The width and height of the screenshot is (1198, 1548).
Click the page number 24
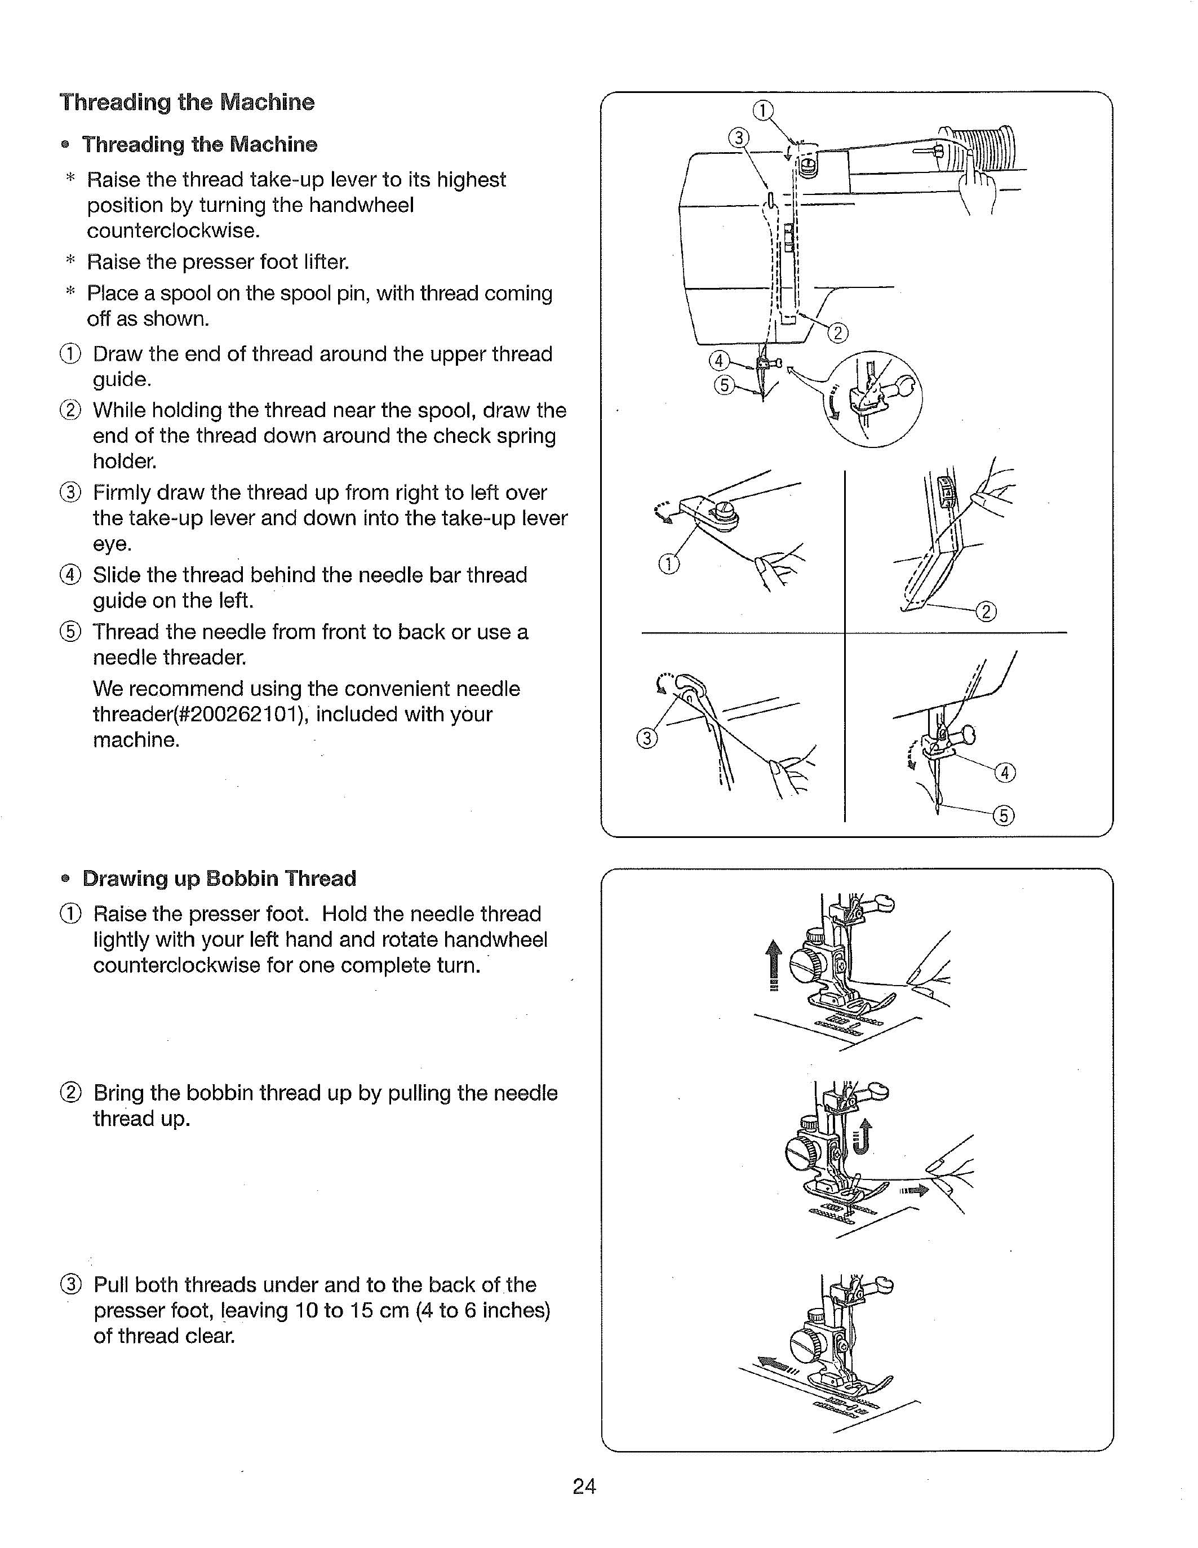[x=584, y=1485]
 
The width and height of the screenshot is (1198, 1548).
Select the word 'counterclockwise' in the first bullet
[x=170, y=231]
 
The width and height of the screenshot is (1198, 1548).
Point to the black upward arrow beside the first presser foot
[x=775, y=965]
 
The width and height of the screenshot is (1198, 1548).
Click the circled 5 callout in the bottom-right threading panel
[x=1004, y=816]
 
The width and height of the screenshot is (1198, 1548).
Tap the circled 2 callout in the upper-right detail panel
[x=986, y=611]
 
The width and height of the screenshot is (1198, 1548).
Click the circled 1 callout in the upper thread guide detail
[x=668, y=564]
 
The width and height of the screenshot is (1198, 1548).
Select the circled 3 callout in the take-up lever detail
[x=646, y=739]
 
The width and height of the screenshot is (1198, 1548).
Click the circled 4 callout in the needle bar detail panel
[x=1005, y=772]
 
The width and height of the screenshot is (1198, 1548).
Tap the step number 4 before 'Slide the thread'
[x=71, y=575]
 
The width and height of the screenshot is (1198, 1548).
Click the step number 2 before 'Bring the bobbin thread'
[x=71, y=1093]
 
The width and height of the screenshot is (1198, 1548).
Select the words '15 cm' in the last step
[x=379, y=1311]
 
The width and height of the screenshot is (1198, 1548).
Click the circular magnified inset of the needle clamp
[x=876, y=399]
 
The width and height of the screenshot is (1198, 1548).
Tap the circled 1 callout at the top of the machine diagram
[x=762, y=110]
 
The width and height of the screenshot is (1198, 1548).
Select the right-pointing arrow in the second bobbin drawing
[x=914, y=1191]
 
